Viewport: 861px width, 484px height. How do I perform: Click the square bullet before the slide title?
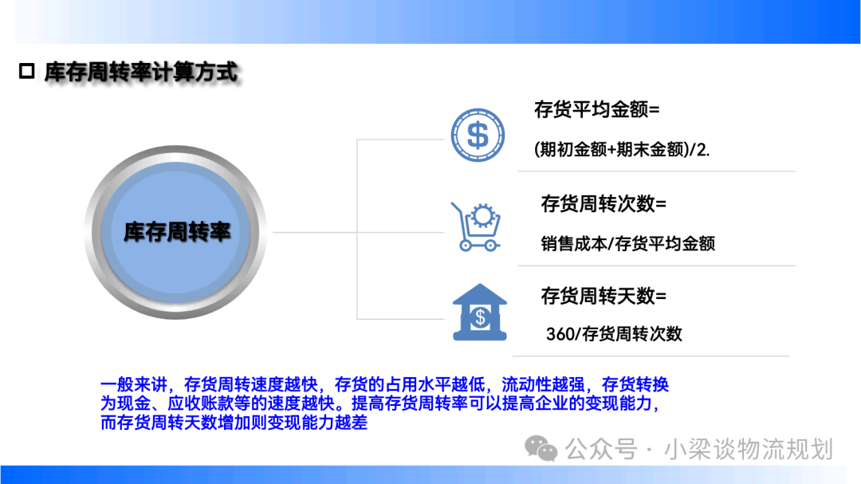coord(26,72)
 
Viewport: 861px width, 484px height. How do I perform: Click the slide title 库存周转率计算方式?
coord(141,72)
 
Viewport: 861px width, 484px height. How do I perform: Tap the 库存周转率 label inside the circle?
coord(177,232)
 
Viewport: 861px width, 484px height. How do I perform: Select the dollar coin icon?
coord(478,135)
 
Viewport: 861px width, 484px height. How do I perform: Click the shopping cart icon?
coord(476,227)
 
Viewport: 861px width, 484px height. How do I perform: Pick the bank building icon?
coord(480,312)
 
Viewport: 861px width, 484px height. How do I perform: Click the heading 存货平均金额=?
coord(597,109)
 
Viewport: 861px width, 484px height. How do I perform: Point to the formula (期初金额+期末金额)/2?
coord(622,149)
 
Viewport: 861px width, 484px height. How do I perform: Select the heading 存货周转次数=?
coord(603,204)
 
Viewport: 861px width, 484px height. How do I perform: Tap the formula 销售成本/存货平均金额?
coord(627,243)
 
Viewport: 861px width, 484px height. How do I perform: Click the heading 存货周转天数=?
coord(603,296)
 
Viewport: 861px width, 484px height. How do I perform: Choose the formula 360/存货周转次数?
coord(614,333)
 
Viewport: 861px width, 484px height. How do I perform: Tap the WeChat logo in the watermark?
coord(541,448)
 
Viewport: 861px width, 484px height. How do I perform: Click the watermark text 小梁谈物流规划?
coord(749,449)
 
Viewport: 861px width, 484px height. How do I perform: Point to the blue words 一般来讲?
coord(134,384)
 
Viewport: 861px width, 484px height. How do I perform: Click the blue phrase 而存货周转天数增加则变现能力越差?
coord(234,423)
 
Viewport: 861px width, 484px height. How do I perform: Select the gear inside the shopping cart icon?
coord(483,216)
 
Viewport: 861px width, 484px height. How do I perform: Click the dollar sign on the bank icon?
coord(481,317)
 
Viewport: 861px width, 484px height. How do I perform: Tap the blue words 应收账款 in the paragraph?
coord(200,403)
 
